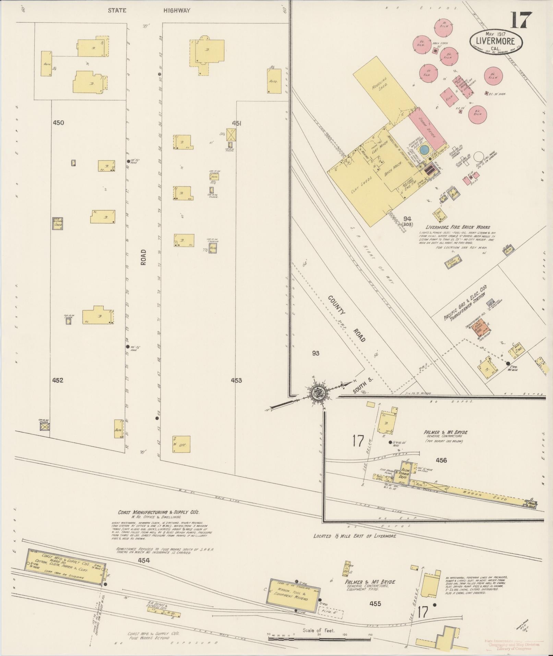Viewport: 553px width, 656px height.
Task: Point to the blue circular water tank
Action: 424,150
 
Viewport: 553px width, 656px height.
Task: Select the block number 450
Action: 59,123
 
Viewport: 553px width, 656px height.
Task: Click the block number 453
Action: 236,380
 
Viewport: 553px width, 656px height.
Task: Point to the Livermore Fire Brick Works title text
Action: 458,227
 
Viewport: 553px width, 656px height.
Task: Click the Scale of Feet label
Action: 318,630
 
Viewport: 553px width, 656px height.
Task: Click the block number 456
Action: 441,460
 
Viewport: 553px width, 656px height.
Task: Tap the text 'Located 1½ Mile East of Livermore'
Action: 354,545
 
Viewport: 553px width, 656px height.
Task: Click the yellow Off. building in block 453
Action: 181,444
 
